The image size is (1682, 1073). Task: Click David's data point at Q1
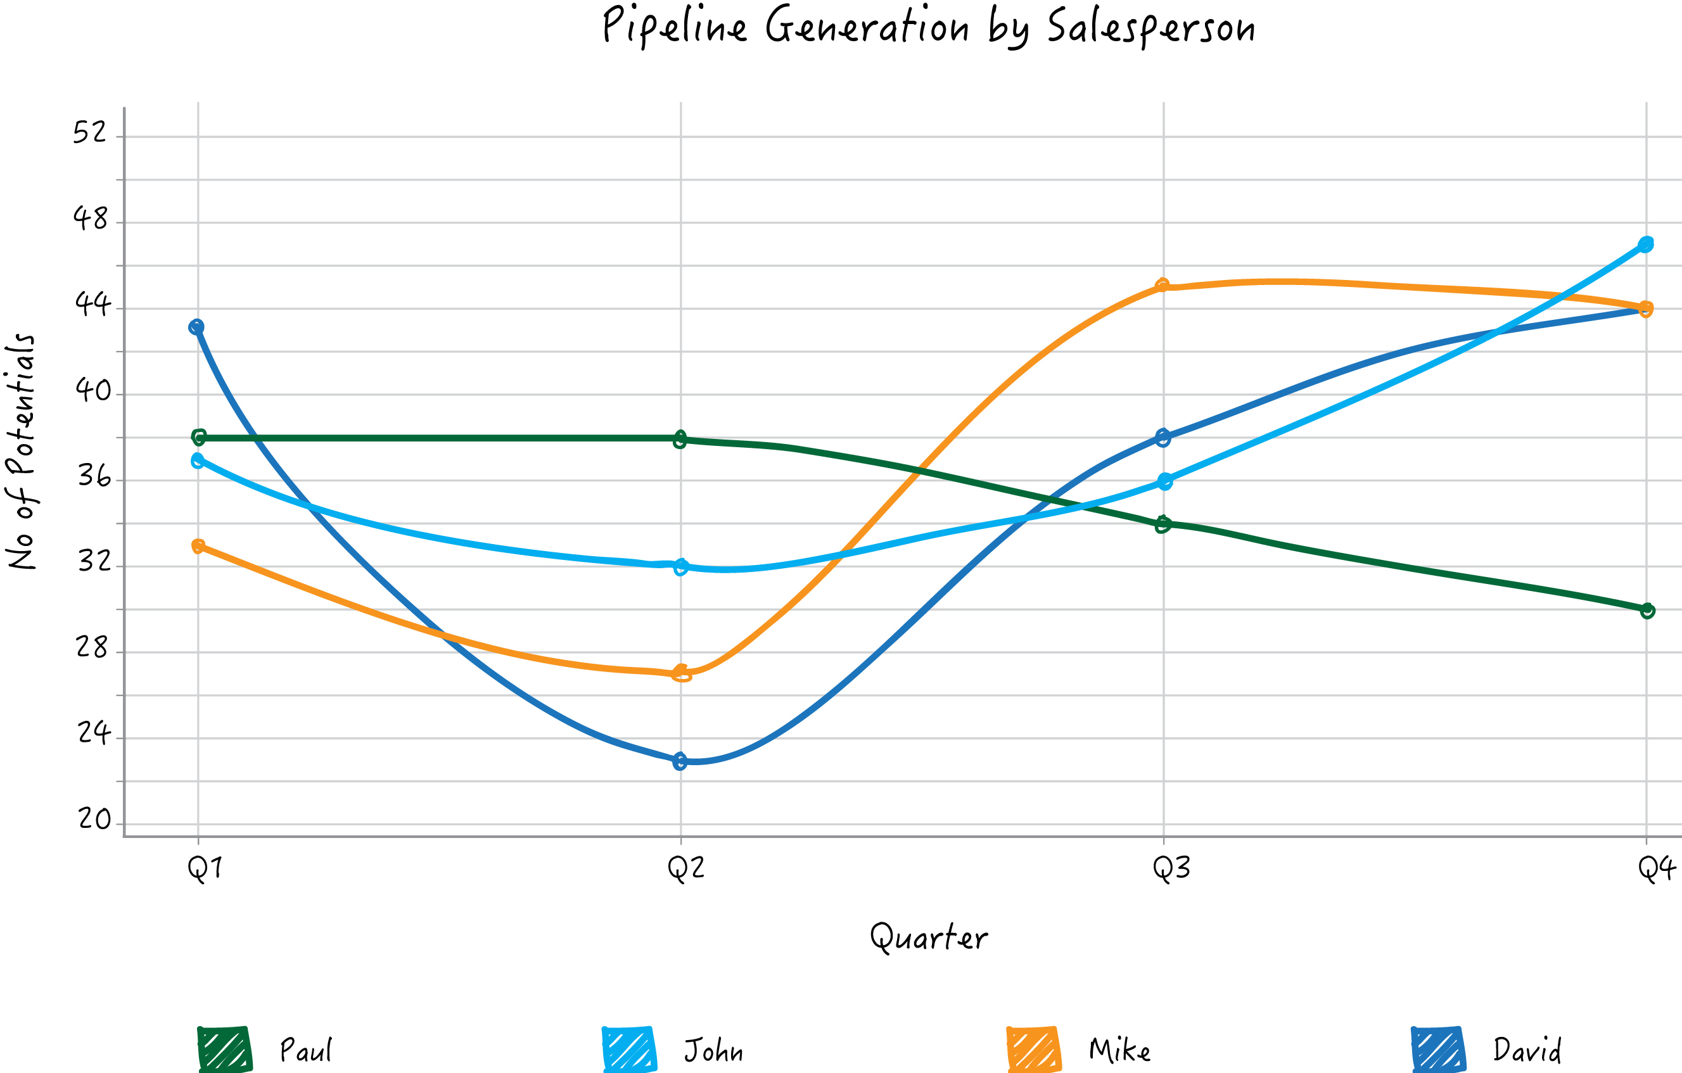click(197, 327)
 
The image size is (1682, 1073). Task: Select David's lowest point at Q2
click(680, 761)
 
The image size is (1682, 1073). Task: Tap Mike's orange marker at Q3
click(1163, 285)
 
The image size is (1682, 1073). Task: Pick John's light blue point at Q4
click(1646, 244)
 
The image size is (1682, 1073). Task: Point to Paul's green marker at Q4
click(1647, 611)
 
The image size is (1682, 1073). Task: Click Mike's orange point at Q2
click(681, 673)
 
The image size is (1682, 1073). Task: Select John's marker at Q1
click(198, 460)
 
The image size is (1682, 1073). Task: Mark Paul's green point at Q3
click(1163, 524)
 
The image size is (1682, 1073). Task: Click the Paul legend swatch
click(224, 1050)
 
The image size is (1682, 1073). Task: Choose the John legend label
click(713, 1051)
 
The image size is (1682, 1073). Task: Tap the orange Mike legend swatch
click(1033, 1050)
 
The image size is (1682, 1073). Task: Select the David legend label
click(1527, 1051)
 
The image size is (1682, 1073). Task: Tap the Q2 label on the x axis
click(686, 868)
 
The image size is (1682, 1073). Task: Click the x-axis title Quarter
click(928, 937)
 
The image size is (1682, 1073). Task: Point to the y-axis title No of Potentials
click(21, 451)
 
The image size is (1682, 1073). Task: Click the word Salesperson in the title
click(1150, 28)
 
